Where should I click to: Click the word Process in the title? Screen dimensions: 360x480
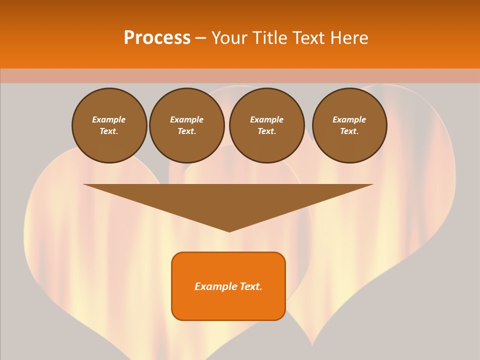click(157, 38)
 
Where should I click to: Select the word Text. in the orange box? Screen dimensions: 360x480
click(250, 286)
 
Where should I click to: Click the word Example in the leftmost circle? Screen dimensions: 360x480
click(109, 119)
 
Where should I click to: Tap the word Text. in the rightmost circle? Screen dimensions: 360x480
click(349, 131)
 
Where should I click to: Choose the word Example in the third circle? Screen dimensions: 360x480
click(267, 119)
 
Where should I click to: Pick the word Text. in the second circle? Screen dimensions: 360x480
click(187, 131)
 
